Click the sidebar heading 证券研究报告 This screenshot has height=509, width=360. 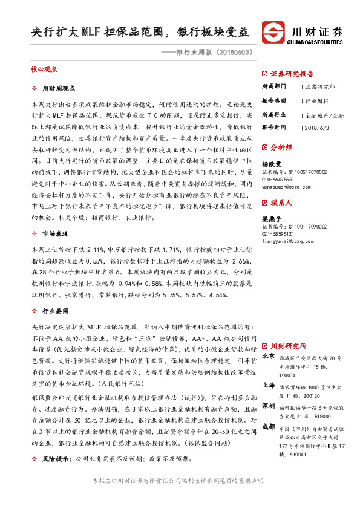point(293,71)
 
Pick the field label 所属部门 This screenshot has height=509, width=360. point(273,86)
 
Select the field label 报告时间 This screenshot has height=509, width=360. point(273,128)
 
